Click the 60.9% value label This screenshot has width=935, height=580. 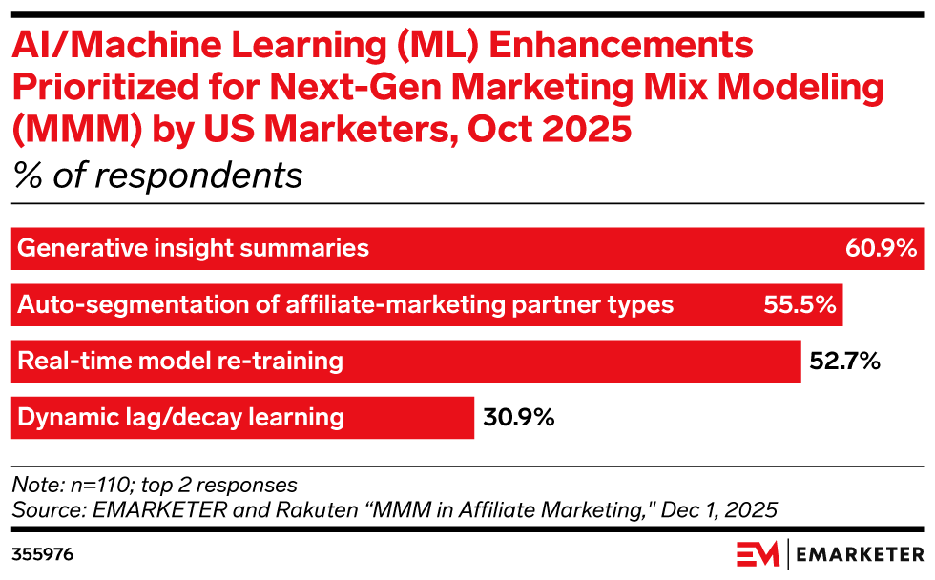(x=881, y=249)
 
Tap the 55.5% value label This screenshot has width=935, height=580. (x=800, y=305)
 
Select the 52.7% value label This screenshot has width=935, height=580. (x=843, y=362)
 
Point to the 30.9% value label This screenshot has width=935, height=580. (x=518, y=417)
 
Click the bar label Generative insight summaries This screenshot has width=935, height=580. (x=194, y=249)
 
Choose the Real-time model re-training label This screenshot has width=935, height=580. (x=180, y=362)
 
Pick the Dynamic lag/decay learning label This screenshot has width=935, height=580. (x=181, y=417)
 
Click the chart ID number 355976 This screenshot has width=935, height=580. (x=43, y=553)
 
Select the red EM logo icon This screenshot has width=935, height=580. (x=758, y=554)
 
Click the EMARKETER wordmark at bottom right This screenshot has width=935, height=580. (x=859, y=554)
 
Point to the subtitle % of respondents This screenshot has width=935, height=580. (x=157, y=176)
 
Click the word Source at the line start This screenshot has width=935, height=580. (x=41, y=510)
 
